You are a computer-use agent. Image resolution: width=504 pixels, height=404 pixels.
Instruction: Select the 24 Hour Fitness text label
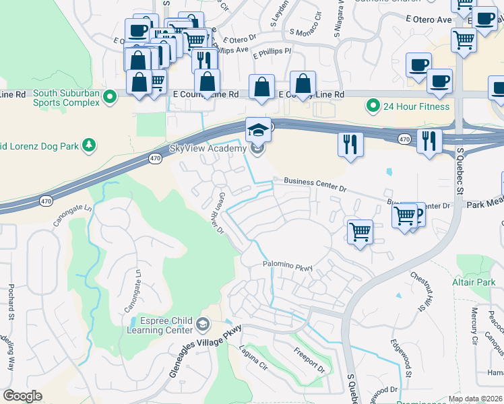point(416,106)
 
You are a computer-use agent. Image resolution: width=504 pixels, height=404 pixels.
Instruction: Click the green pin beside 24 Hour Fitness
point(371,106)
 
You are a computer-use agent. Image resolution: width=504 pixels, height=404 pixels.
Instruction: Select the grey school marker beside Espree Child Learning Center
point(202,326)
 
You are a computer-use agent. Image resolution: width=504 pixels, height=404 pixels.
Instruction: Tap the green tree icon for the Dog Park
point(88,145)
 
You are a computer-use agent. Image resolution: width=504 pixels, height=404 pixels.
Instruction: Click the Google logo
point(22,396)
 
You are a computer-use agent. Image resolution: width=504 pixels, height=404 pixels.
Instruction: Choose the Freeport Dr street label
point(309,360)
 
